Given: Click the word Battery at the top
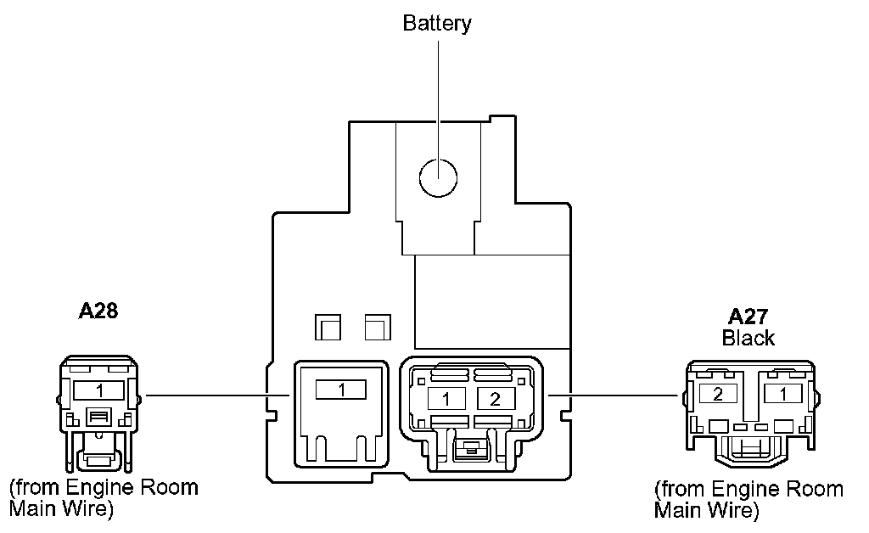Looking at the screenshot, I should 437,23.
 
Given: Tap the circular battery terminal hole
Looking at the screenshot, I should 438,177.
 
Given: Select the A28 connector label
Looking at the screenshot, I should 98,311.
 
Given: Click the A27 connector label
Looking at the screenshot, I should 748,317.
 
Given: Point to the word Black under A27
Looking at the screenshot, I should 748,338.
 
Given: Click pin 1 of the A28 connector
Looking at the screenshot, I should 99,391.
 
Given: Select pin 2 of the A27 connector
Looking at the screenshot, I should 717,393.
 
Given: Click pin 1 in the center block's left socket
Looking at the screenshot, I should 340,390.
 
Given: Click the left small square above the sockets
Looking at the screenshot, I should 327,326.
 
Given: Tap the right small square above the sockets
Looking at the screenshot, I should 376,326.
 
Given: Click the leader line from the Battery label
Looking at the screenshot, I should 438,93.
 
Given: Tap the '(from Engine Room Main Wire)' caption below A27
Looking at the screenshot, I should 748,500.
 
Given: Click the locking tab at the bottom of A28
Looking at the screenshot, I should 98,458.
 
